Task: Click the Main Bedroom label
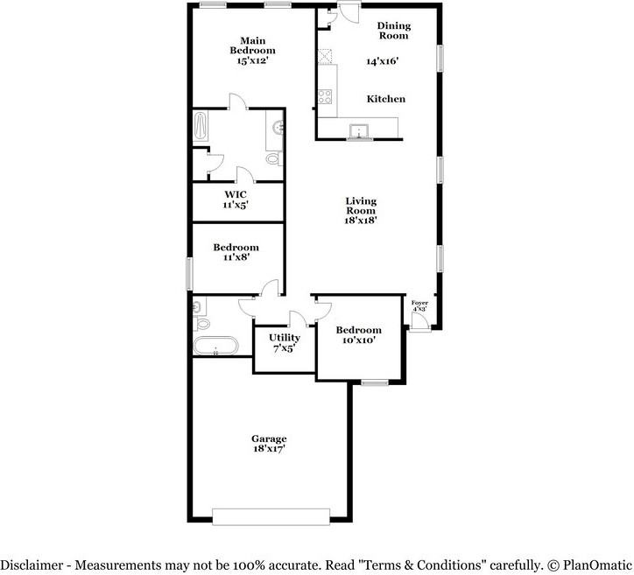tap(253, 46)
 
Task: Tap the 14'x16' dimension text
tap(383, 61)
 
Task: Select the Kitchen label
tap(385, 99)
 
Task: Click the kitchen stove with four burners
tap(325, 96)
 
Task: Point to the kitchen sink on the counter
tap(359, 131)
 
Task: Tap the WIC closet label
tap(236, 195)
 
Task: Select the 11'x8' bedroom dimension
tap(236, 257)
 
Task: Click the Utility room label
tap(285, 338)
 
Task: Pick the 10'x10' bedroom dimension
tap(359, 340)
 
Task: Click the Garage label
tap(269, 438)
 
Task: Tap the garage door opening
tap(271, 517)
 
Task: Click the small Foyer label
tap(419, 303)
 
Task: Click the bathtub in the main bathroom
tap(201, 126)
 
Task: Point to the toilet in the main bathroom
tap(274, 158)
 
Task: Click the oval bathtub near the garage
tap(215, 346)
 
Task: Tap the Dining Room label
tap(394, 31)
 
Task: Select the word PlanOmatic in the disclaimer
tap(597, 564)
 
